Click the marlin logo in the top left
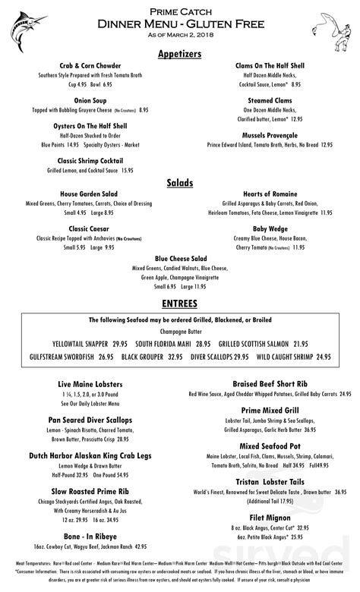(27, 26)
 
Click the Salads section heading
(180, 183)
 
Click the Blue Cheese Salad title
(180, 258)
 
